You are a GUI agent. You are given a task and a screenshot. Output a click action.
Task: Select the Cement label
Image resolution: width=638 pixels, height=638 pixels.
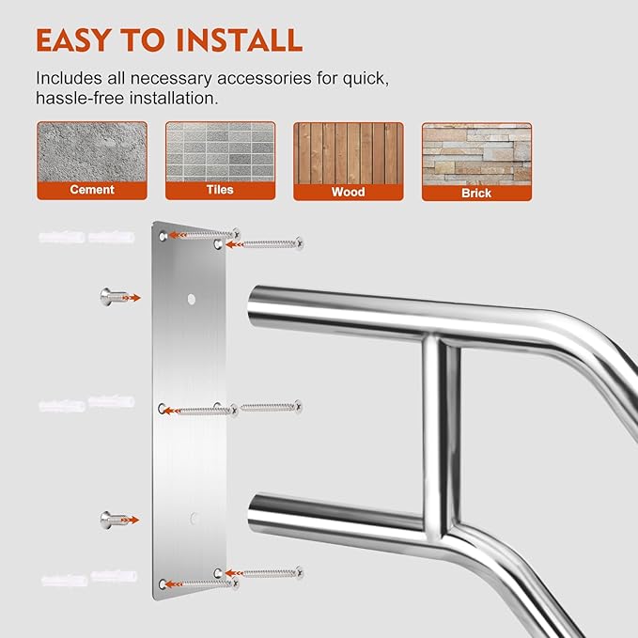coord(92,190)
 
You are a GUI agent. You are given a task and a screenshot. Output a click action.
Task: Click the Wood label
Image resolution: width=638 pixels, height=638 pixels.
coord(348,192)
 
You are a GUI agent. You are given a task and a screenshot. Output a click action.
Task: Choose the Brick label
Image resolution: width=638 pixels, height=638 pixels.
coord(476,193)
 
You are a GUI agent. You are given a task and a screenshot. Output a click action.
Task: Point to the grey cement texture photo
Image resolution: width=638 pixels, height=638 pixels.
coord(92,151)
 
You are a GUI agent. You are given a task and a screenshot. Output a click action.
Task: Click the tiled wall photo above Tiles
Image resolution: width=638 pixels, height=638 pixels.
coord(220,151)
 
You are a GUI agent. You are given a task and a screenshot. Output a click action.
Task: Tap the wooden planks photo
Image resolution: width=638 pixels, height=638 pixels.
coord(348,152)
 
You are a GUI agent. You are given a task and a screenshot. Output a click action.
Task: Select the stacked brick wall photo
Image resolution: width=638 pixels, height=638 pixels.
coord(476,152)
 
